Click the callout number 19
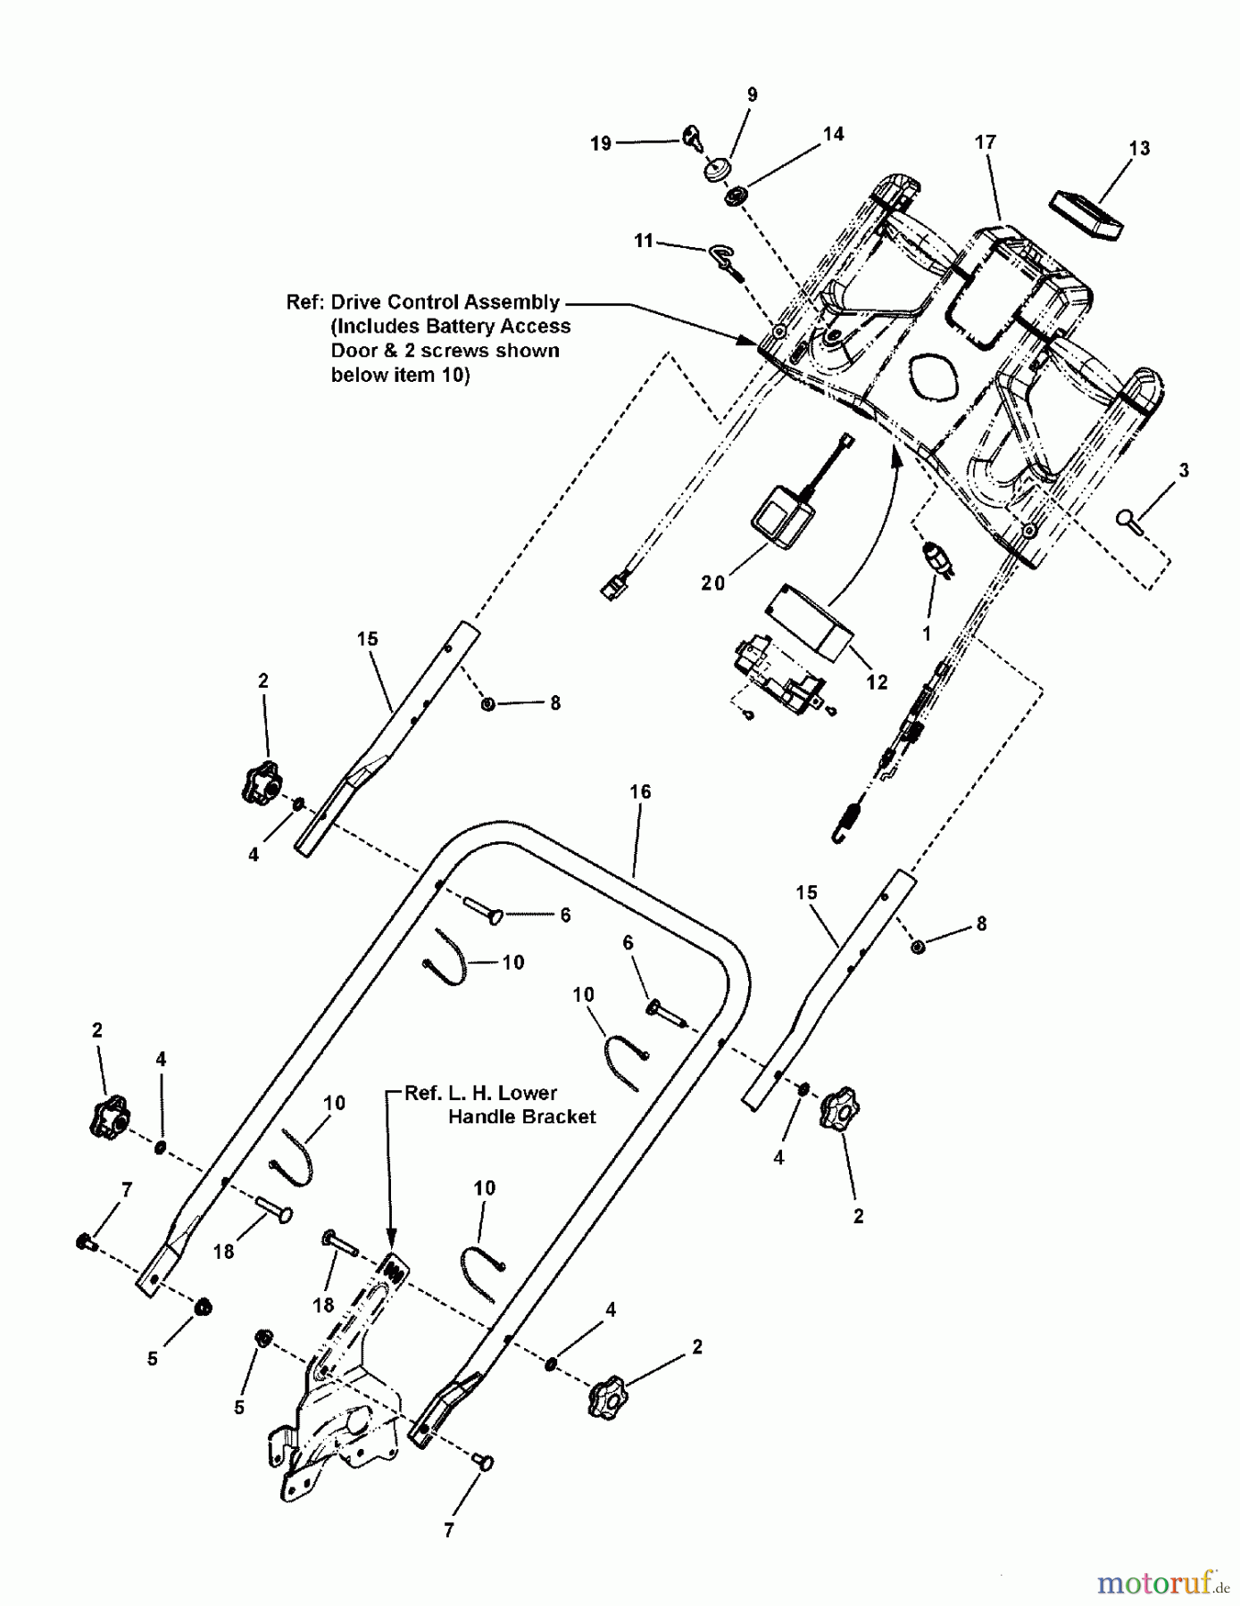tap(601, 143)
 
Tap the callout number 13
tap(1139, 148)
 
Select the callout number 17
tap(985, 142)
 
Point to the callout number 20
tap(712, 583)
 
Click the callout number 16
tap(640, 791)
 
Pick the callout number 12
tap(877, 682)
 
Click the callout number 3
tap(1184, 470)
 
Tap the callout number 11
tap(644, 241)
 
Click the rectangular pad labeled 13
tap(1085, 214)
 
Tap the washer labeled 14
tap(737, 195)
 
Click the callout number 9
tap(752, 95)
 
